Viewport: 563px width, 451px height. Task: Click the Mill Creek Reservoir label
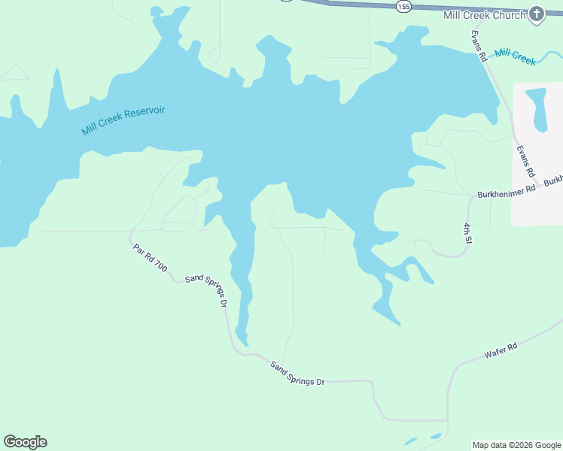[123, 120]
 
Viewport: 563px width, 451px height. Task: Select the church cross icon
[536, 14]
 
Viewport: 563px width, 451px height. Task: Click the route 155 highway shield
[403, 6]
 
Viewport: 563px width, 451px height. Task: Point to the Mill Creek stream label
[516, 56]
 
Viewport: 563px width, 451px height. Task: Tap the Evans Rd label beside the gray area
[524, 161]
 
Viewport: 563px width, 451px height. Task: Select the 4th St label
[467, 234]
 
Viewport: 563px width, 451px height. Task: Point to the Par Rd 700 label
[150, 258]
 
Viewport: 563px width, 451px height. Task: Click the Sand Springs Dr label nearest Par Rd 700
[205, 290]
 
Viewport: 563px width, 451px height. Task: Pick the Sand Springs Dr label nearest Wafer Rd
[297, 373]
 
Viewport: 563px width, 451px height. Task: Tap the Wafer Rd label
[501, 350]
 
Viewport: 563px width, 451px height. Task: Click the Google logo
[25, 442]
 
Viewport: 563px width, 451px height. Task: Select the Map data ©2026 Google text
[516, 445]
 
